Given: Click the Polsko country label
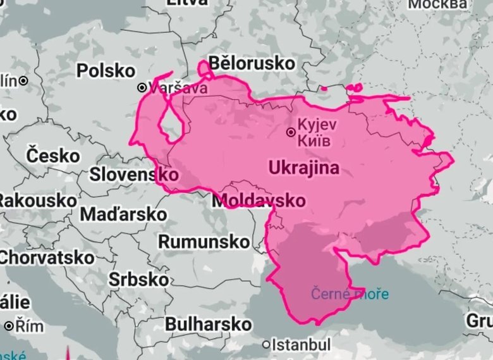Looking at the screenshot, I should (106, 70).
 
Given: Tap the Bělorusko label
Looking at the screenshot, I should (251, 63).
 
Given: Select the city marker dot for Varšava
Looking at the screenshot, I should (142, 87).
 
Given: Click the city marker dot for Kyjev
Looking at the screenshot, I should (290, 132).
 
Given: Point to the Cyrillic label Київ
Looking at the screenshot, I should (313, 140).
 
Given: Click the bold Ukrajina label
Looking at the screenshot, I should (303, 168).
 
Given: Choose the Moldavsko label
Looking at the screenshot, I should (259, 201).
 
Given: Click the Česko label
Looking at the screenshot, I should (54, 155).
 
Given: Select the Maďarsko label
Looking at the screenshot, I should (123, 214).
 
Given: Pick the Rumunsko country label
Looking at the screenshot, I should (204, 242).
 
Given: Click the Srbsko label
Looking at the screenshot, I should (138, 279).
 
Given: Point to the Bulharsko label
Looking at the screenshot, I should (208, 324).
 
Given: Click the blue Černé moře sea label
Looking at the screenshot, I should (350, 294).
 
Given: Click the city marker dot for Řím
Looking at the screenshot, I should (9, 326).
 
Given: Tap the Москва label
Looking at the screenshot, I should (438, 5).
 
